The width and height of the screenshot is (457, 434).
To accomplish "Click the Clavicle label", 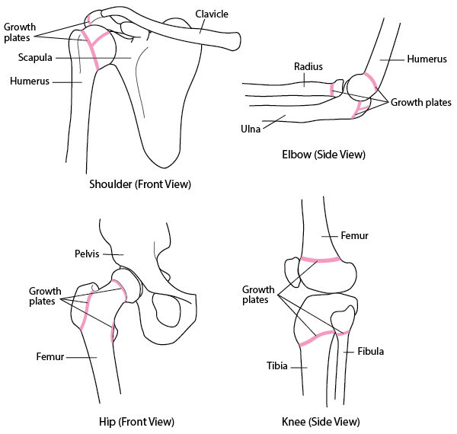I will click(x=212, y=14).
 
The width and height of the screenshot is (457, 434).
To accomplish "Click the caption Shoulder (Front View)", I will click(x=140, y=183).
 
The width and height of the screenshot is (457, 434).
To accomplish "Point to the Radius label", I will click(x=308, y=66).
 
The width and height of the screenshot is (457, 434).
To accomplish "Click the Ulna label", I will click(x=250, y=129).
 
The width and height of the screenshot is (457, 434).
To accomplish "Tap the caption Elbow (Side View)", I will click(x=324, y=155).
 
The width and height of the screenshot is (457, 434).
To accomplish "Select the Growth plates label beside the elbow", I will click(x=422, y=101).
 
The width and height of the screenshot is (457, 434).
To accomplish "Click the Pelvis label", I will click(x=88, y=254).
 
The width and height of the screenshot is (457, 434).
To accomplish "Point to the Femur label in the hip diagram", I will click(x=50, y=356).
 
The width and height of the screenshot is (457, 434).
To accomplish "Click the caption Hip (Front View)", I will click(x=137, y=421).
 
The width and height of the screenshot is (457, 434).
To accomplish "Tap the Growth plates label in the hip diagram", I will click(x=45, y=296).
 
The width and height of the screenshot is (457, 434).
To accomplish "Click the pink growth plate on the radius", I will click(x=331, y=89).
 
